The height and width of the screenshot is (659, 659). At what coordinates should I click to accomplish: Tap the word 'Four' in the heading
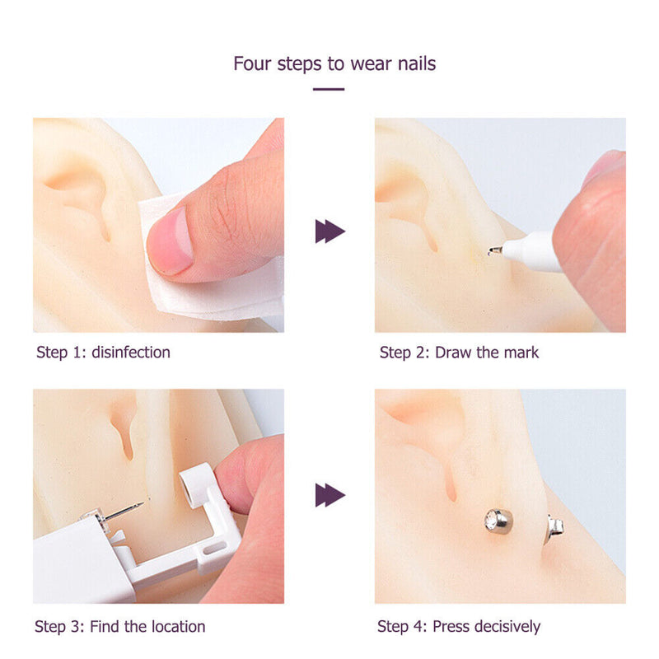252,63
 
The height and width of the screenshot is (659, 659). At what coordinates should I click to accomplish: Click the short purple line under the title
329,89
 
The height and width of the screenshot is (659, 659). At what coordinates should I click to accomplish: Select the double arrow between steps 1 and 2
330,231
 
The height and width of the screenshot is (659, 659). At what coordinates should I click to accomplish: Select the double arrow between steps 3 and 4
330,495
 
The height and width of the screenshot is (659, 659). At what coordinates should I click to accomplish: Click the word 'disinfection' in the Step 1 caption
131,353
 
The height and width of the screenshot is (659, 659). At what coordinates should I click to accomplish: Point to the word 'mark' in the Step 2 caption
521,353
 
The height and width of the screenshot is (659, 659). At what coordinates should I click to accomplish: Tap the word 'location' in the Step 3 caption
178,626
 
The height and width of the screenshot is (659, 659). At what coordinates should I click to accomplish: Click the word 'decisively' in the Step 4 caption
507,626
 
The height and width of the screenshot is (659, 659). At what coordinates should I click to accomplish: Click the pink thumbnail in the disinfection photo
171,241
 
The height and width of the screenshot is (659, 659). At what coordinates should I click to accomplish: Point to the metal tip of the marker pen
495,251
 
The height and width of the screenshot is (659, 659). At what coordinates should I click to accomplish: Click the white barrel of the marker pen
530,251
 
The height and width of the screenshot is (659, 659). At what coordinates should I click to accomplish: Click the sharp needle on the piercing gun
124,510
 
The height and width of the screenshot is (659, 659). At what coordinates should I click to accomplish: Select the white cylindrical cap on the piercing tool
198,485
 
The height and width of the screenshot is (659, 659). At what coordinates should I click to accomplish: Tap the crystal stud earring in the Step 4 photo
498,521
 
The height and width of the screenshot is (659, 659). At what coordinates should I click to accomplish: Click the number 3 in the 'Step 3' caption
76,626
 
